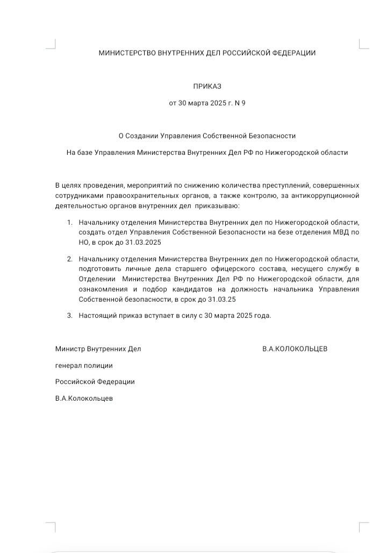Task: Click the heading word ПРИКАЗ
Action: click(x=207, y=86)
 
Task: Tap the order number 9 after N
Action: click(x=243, y=103)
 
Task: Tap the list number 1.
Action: click(x=69, y=222)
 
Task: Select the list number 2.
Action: click(x=69, y=259)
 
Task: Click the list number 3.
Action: click(x=69, y=315)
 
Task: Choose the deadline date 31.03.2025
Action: click(x=144, y=242)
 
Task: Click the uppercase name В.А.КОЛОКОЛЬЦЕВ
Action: click(x=295, y=349)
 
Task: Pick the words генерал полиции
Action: click(x=84, y=365)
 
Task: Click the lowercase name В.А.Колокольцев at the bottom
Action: click(x=84, y=399)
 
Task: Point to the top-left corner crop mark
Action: click(x=52, y=46)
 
